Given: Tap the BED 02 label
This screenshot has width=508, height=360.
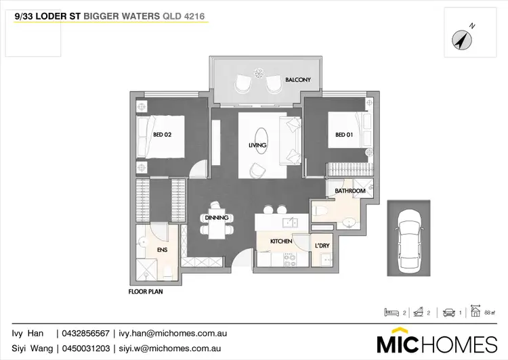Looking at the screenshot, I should click(163, 135).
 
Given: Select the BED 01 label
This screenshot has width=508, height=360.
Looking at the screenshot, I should click(345, 135).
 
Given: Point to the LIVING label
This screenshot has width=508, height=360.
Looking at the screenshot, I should click(257, 145).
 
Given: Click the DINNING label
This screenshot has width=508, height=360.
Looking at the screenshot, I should click(217, 218).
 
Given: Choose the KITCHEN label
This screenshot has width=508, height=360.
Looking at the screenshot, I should click(281, 241).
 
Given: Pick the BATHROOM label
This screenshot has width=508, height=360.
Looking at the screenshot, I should click(350, 192).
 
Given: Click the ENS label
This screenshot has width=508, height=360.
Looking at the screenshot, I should click(162, 250).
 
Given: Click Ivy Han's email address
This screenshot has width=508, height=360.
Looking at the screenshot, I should click(172, 334).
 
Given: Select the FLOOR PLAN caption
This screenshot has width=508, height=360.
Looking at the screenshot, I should click(146, 293).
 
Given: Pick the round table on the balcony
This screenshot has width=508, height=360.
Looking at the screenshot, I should click(258, 73).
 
